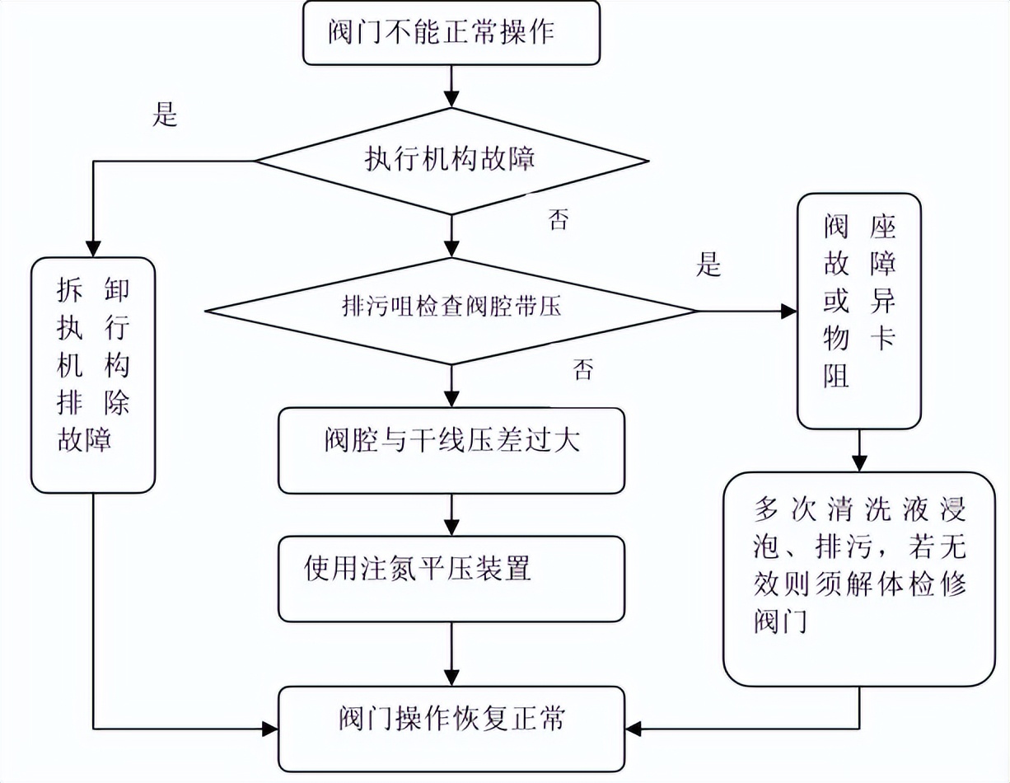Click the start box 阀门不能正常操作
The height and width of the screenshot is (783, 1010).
[450, 32]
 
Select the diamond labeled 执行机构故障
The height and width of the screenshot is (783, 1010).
[450, 160]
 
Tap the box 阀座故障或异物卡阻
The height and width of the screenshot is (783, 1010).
[859, 311]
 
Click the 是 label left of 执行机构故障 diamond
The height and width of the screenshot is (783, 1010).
[165, 116]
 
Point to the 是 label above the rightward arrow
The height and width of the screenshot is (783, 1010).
[708, 265]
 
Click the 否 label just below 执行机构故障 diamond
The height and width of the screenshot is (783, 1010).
[559, 220]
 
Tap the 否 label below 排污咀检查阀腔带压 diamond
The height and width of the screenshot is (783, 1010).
[582, 370]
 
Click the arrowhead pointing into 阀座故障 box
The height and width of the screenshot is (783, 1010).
[789, 311]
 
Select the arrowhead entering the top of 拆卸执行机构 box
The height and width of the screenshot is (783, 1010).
[93, 248]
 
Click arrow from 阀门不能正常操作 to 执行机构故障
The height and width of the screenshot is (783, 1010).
[451, 86]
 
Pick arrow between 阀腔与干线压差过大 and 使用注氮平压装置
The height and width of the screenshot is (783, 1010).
[451, 515]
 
